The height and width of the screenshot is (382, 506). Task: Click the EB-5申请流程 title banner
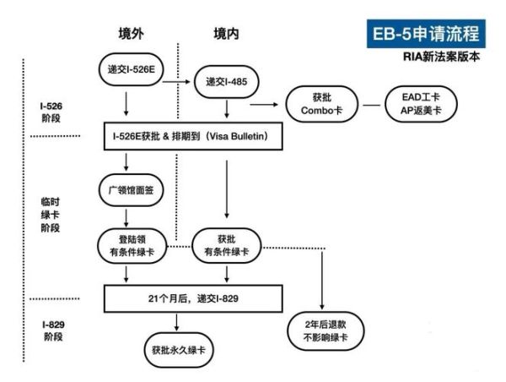tap(426, 35)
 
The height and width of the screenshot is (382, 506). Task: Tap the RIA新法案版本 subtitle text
tap(443, 58)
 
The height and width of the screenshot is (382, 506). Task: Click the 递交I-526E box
tap(131, 68)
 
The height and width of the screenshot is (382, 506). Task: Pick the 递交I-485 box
tap(226, 82)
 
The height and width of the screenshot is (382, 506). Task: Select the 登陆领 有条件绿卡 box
tap(128, 246)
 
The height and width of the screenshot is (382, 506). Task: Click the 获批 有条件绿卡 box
tap(226, 246)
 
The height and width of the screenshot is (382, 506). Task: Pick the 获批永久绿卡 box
tap(177, 348)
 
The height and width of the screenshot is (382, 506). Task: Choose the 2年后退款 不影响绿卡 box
tap(322, 330)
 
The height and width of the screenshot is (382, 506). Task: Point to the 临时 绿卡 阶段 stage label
tap(51, 215)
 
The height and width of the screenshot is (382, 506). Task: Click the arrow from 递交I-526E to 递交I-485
tap(175, 82)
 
